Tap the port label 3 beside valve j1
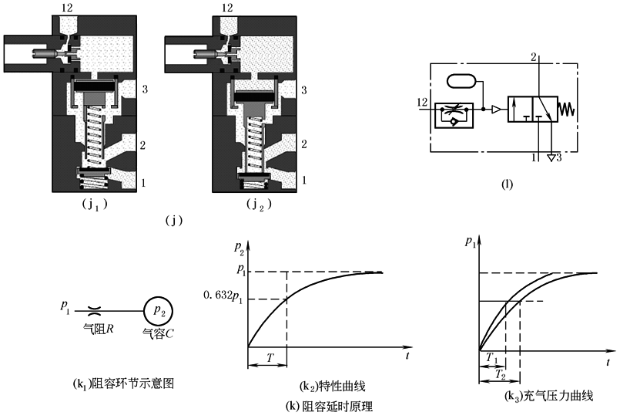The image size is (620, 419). [x=144, y=90]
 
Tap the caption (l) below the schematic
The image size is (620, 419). [x=506, y=184]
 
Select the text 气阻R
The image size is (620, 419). [x=98, y=328]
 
